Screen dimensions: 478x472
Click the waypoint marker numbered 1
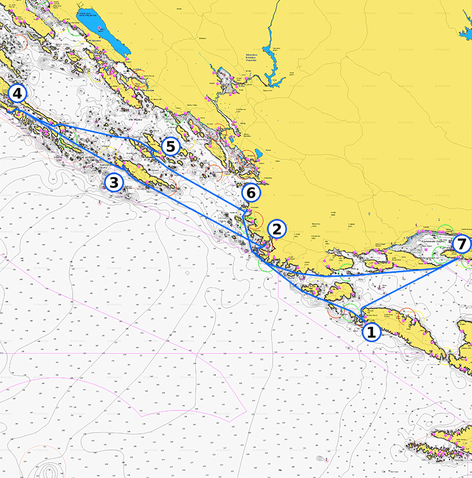click(371, 331)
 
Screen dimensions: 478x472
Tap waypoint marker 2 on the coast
click(276, 229)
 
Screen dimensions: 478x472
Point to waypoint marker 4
click(17, 94)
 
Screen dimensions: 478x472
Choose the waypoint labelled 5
click(170, 147)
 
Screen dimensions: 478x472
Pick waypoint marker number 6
click(251, 192)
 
